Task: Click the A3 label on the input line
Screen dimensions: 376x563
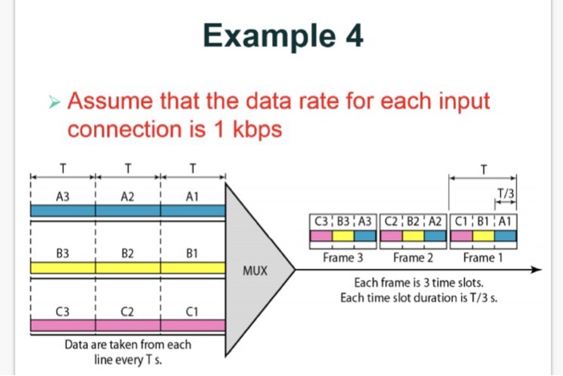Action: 63,196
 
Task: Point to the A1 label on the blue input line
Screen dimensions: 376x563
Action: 191,196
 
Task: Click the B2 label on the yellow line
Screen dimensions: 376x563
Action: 127,252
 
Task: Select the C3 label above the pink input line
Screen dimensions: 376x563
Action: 62,311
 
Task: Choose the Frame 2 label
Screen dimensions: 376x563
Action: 413,258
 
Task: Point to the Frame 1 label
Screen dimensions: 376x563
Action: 483,258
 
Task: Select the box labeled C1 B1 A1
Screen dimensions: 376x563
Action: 484,219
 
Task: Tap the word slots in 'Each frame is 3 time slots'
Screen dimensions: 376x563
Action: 466,283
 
